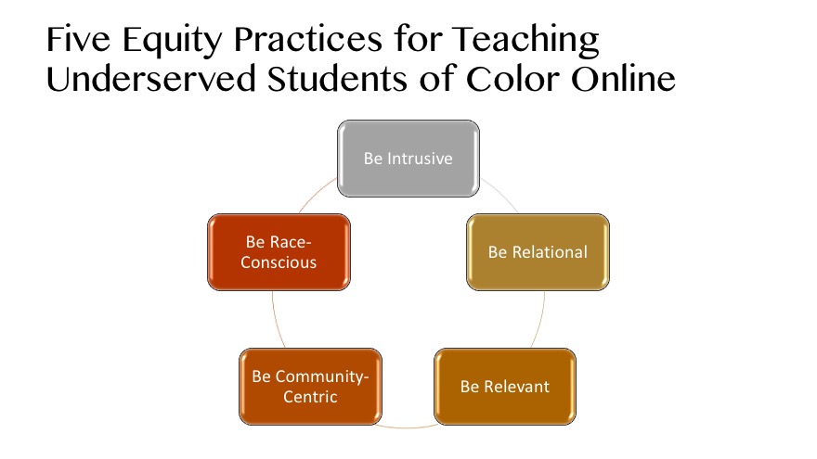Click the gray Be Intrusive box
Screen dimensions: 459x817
tap(408, 159)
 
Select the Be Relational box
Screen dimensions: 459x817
tap(538, 252)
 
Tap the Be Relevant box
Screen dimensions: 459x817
tap(505, 386)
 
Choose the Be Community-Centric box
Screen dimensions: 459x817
tap(310, 386)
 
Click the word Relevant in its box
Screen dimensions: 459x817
tap(516, 386)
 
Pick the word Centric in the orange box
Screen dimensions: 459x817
tap(311, 397)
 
